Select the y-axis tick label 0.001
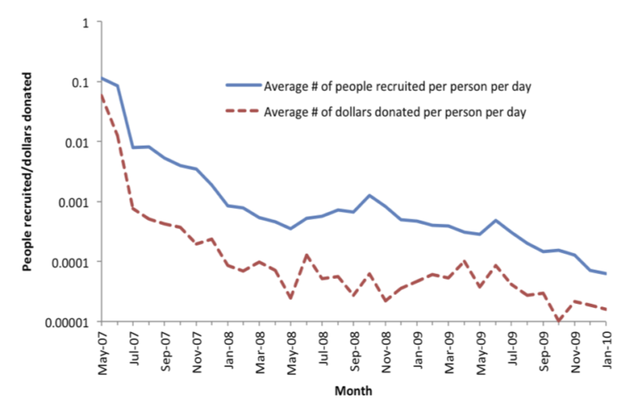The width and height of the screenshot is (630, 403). [75, 202]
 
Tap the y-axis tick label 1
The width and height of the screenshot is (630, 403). [86, 22]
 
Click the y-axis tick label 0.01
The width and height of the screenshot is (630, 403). [78, 142]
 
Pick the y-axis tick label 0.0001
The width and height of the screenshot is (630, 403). [71, 261]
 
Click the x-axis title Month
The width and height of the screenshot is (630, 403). [353, 390]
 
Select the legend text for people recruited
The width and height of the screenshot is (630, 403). [397, 86]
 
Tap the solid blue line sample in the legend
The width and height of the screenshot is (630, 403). [242, 86]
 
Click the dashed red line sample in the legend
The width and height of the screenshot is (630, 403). [242, 111]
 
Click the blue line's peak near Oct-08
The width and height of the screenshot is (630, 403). [369, 195]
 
